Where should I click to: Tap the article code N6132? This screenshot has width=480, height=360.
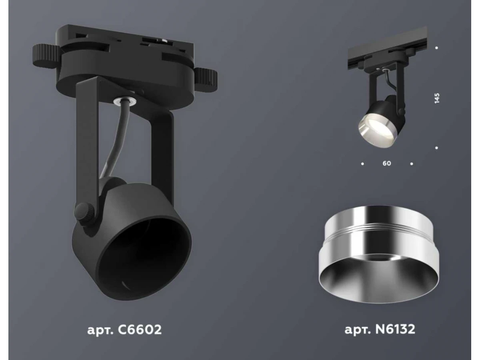395,329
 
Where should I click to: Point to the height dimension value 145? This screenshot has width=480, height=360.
437,98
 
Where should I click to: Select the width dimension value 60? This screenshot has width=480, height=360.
387,163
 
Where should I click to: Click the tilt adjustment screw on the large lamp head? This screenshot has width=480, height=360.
84,214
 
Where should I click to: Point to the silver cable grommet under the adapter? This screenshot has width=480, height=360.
125,100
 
